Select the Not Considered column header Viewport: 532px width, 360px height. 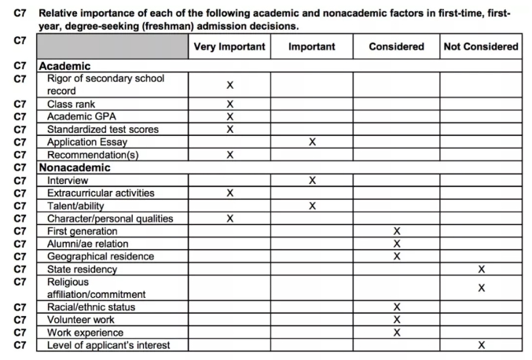click(x=481, y=46)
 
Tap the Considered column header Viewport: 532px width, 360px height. click(x=396, y=46)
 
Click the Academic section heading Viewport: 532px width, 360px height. click(x=64, y=67)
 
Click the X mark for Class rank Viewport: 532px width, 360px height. click(x=230, y=104)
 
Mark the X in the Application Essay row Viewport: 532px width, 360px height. click(x=312, y=142)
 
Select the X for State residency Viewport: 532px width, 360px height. click(x=482, y=269)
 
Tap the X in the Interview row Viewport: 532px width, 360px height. click(x=312, y=180)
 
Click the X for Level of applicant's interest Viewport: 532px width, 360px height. click(x=482, y=345)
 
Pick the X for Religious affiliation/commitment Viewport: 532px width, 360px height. click(x=482, y=288)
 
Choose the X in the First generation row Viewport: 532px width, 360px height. click(x=397, y=231)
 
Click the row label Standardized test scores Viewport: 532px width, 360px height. click(x=102, y=129)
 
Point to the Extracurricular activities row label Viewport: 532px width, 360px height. click(x=101, y=193)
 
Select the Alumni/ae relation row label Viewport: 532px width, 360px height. click(x=89, y=244)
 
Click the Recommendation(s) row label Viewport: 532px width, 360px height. click(x=92, y=155)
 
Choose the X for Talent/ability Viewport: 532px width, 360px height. click(x=312, y=206)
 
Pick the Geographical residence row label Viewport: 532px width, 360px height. click(x=100, y=256)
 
